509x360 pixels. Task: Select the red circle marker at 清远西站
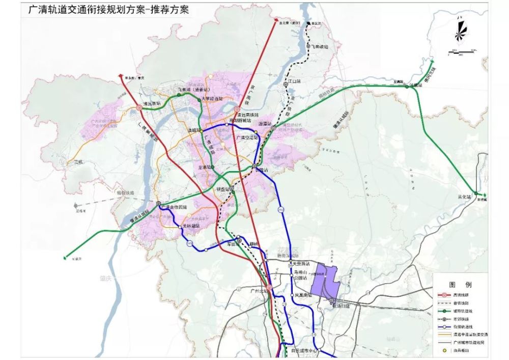point(139,107)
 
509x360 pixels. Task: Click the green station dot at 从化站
point(475,193)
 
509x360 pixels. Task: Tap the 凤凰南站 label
point(303,295)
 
